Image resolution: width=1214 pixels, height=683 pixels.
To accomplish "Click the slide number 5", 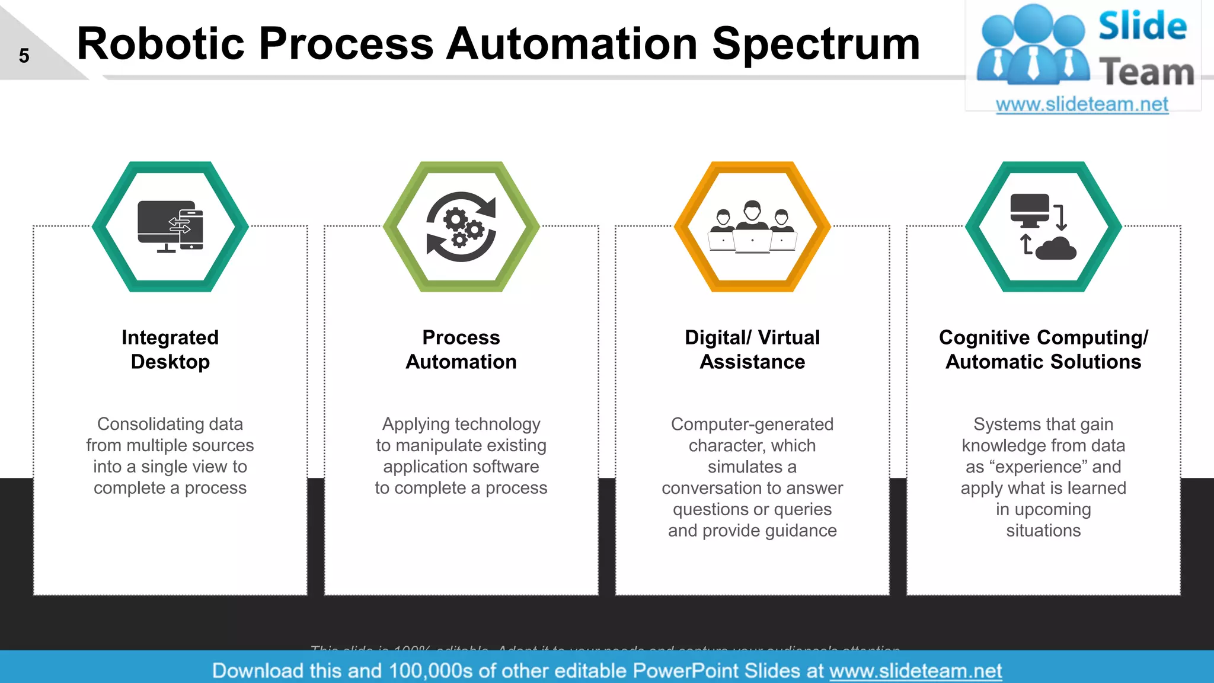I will click(x=24, y=56).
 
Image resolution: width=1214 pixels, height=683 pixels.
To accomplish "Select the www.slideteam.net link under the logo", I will click(x=1082, y=104).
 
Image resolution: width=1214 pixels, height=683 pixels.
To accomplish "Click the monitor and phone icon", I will click(x=170, y=226).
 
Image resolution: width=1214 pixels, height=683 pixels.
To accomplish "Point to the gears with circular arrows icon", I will click(x=461, y=226).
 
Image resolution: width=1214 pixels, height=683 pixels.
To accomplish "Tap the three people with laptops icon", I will click(x=752, y=228).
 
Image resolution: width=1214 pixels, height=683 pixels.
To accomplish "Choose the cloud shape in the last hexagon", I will click(x=1056, y=248).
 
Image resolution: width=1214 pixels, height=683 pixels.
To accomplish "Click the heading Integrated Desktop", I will click(x=170, y=349).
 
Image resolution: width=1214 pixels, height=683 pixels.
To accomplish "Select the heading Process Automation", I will click(x=461, y=349).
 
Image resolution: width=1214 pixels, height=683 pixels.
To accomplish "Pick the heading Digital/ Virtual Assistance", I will click(x=752, y=349).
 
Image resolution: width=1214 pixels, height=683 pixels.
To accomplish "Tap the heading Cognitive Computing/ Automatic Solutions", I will click(x=1043, y=349).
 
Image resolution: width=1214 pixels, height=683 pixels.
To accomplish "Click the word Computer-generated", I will click(x=752, y=424).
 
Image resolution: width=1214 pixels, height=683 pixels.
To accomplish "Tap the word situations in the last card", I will click(x=1043, y=531).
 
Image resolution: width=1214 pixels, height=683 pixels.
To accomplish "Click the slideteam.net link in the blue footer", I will click(x=915, y=671).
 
